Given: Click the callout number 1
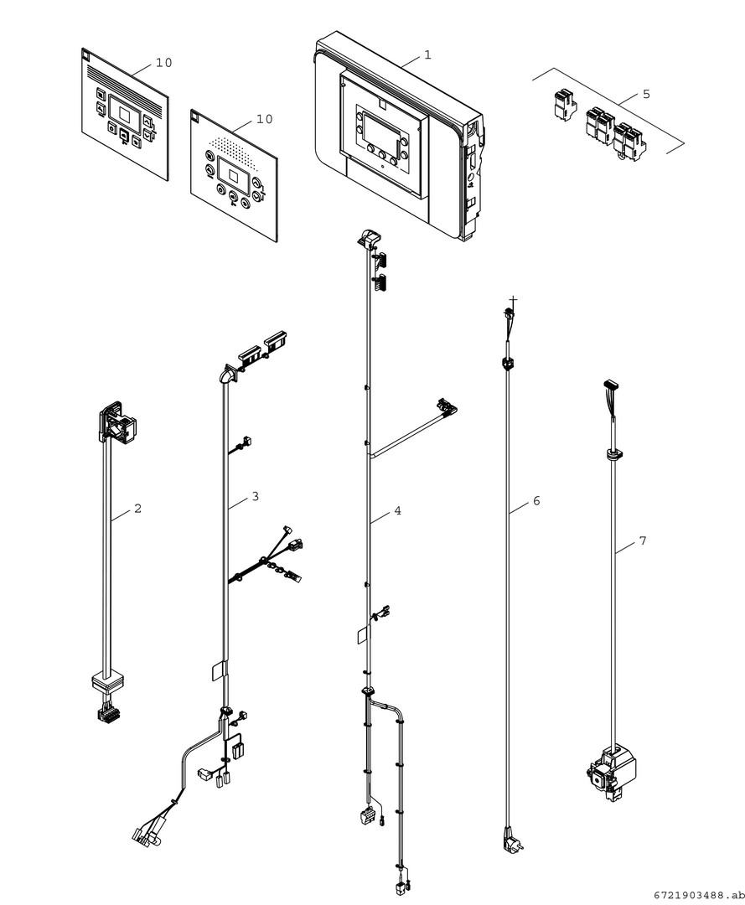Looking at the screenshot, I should click(427, 55).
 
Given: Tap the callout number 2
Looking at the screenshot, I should click(137, 508).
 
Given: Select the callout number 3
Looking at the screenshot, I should click(255, 497).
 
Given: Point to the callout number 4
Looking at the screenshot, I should click(397, 510).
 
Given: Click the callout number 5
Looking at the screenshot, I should click(645, 94).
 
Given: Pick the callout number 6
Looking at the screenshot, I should click(536, 501).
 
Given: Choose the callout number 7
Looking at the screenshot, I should click(643, 541).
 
